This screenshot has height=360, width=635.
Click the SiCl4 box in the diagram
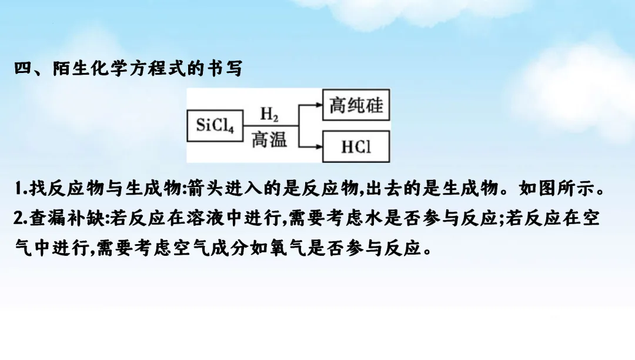(x=215, y=125)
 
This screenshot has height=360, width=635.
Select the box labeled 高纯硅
(x=356, y=106)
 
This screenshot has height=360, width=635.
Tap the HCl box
(x=356, y=146)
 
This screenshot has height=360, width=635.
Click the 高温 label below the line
(x=269, y=140)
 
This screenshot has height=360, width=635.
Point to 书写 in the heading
(x=226, y=68)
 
